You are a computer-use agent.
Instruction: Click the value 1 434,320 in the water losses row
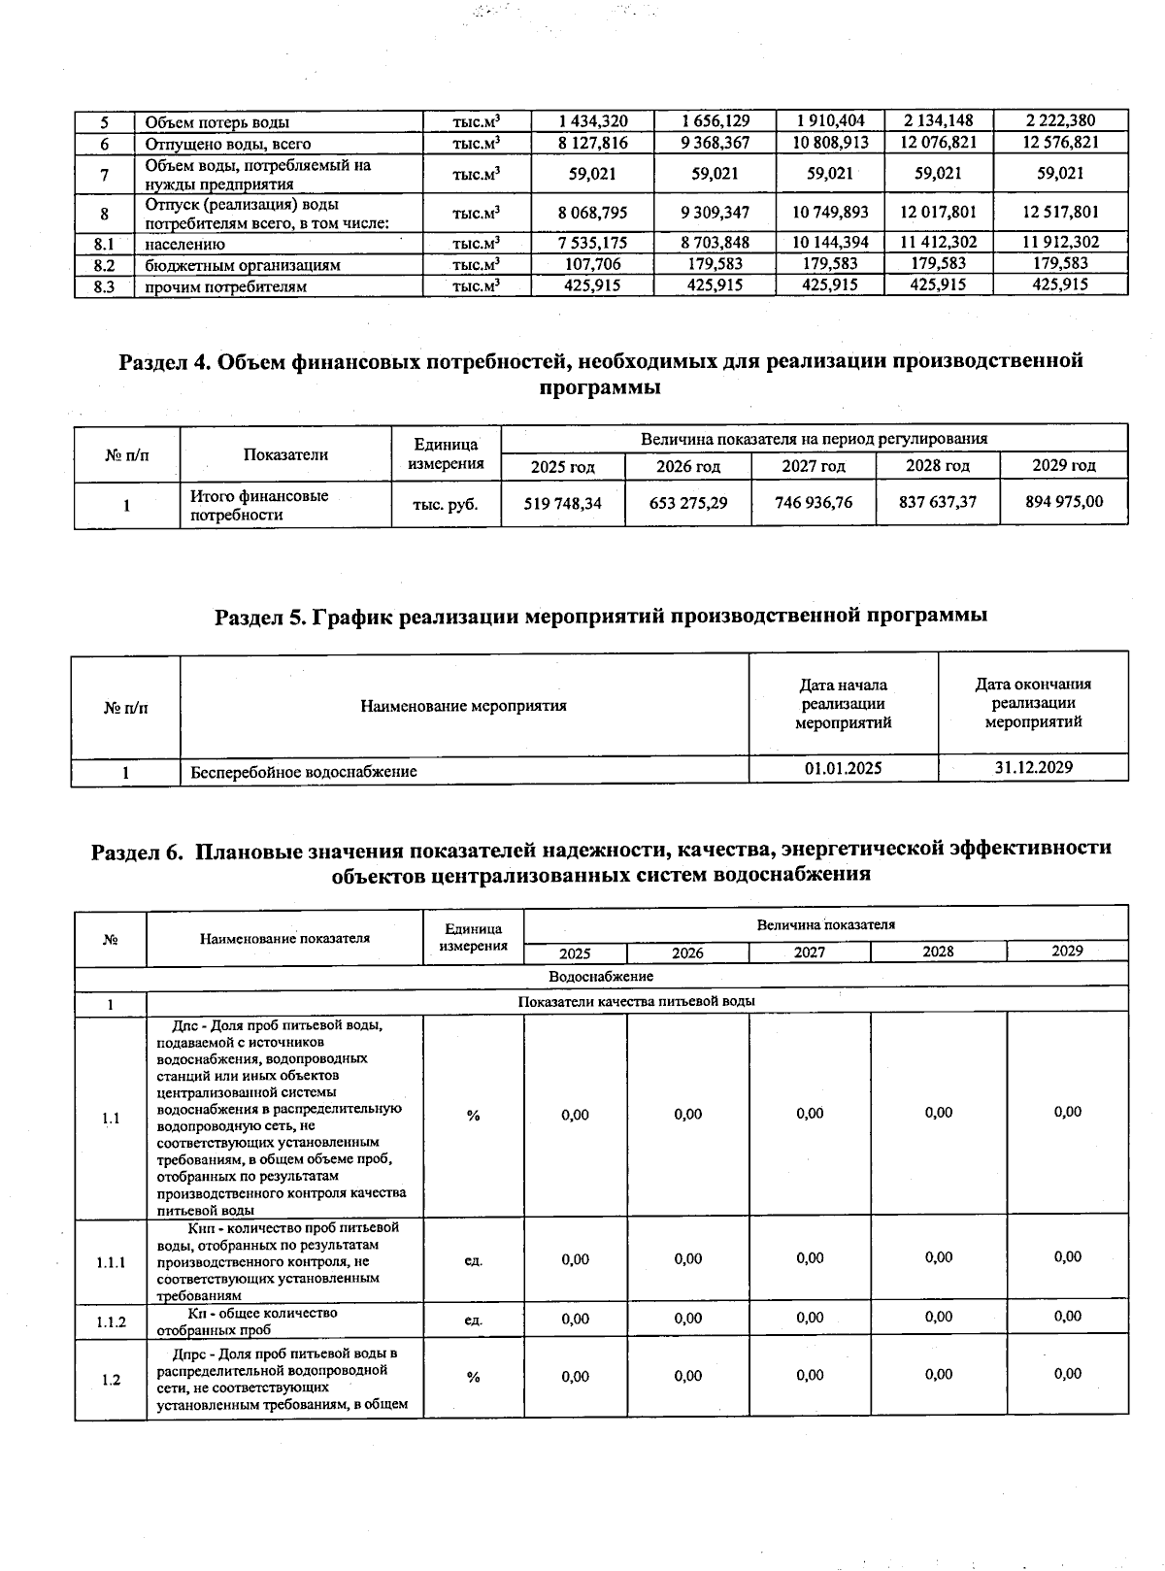(x=593, y=121)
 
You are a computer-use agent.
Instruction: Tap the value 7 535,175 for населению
(x=593, y=243)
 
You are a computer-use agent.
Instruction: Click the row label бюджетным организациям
(x=243, y=265)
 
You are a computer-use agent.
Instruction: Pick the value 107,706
(x=593, y=264)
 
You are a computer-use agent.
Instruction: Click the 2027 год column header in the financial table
(x=814, y=466)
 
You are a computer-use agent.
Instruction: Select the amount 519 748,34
(x=563, y=502)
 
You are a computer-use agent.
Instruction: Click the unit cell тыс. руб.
(x=446, y=504)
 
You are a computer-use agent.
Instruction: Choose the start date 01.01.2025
(x=843, y=768)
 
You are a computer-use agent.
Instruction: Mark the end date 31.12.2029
(x=1033, y=767)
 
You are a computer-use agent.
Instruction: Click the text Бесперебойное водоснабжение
(x=304, y=772)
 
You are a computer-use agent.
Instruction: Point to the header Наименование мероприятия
(x=463, y=706)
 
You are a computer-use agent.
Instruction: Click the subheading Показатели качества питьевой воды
(x=637, y=1001)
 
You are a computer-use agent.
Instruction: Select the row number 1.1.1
(x=111, y=1263)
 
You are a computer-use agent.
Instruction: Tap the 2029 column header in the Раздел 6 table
(x=1067, y=951)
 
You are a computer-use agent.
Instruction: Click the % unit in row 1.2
(x=473, y=1377)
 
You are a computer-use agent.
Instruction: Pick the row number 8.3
(x=105, y=287)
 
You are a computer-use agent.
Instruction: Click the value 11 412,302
(x=938, y=243)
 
